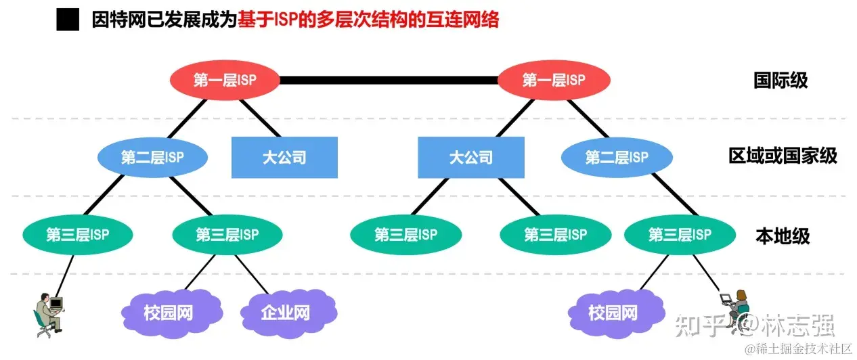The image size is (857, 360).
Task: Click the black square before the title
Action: (x=68, y=20)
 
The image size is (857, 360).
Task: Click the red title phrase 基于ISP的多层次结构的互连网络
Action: (x=368, y=20)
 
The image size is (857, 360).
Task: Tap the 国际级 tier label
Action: (x=781, y=81)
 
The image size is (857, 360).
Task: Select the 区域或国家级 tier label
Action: (x=783, y=157)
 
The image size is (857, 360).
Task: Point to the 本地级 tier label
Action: (x=782, y=235)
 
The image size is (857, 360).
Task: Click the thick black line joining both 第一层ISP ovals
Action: (x=389, y=81)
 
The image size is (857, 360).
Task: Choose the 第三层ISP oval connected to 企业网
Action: (x=227, y=235)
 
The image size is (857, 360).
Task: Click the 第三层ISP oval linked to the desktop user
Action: (x=78, y=235)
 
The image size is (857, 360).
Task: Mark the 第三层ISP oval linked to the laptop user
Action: (x=680, y=235)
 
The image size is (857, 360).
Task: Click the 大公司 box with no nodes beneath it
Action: (x=284, y=158)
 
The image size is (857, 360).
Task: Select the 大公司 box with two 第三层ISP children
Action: (x=470, y=158)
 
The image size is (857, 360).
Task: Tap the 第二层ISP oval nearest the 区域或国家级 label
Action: (x=616, y=158)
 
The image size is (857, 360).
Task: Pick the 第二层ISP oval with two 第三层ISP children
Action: (x=152, y=158)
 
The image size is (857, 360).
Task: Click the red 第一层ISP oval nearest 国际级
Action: (x=554, y=81)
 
